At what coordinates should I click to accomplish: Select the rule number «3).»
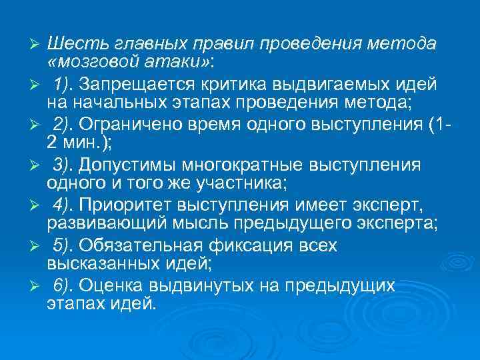(x=65, y=165)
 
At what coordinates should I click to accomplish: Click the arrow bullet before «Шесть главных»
(x=38, y=44)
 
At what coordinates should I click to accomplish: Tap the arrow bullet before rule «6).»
(x=38, y=287)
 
